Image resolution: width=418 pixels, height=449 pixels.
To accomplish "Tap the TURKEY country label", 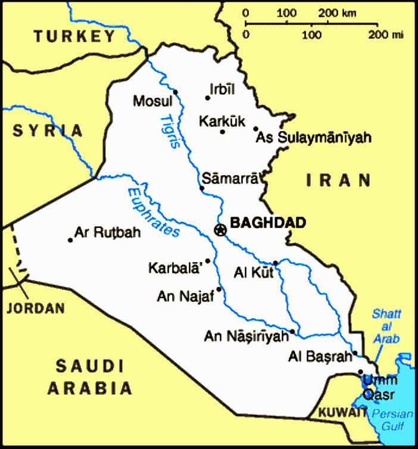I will click(74, 36).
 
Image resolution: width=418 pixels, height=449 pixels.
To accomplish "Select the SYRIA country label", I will click(48, 130).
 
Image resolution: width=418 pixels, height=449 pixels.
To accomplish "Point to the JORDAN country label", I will click(36, 308).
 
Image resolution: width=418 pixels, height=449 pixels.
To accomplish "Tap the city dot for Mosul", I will click(176, 92).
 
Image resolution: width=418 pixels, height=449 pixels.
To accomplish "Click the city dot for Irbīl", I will click(208, 98).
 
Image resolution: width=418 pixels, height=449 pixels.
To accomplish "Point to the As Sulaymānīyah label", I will click(313, 138).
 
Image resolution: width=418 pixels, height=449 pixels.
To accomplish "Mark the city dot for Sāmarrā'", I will click(202, 189).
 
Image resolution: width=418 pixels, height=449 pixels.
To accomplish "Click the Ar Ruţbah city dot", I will click(70, 240).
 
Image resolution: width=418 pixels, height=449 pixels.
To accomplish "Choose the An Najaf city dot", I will click(219, 289).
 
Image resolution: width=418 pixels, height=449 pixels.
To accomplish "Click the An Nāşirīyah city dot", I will click(292, 332).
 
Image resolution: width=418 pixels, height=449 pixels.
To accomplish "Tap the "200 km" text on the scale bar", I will click(337, 13).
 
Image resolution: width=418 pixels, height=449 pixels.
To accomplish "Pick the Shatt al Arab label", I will click(386, 326).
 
